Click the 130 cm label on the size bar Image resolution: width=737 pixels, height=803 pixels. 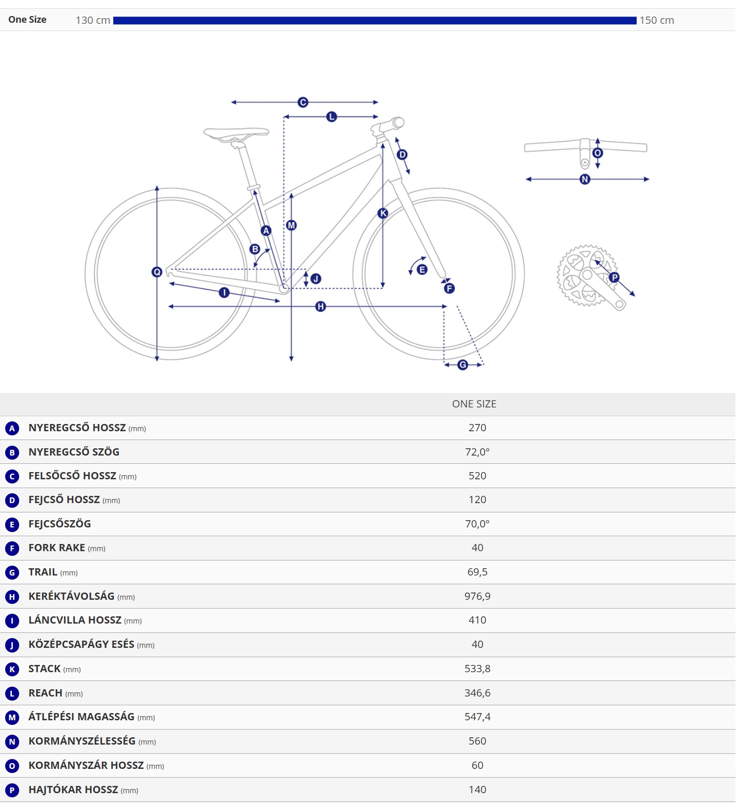93,20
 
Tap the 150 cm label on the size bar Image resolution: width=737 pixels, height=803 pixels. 657,20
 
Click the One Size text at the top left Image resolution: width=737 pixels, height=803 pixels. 27,20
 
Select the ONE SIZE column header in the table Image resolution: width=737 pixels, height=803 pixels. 474,404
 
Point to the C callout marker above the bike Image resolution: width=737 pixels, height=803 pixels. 303,102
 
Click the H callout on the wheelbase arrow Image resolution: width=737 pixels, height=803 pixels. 321,307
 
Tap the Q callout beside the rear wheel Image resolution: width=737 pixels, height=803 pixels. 157,272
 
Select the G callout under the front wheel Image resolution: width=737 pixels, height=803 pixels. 463,365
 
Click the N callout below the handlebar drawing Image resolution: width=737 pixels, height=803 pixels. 585,179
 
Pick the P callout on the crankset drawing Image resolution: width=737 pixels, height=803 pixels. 614,278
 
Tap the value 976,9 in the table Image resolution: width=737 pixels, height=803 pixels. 477,596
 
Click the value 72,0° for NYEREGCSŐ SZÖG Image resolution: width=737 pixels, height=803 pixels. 477,452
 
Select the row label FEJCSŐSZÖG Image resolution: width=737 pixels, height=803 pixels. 59,524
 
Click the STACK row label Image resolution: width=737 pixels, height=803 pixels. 44,669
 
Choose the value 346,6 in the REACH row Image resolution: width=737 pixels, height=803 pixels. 477,693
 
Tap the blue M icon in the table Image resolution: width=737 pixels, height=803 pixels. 12,718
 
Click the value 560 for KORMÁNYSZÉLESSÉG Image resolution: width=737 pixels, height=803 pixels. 477,741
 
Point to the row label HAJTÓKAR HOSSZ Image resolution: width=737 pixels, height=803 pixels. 73,790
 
